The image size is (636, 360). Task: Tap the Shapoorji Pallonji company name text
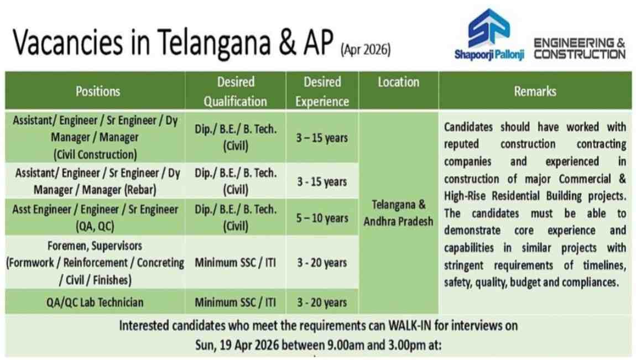click(x=489, y=54)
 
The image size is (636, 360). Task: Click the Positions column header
click(x=98, y=91)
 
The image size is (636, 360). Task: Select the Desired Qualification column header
click(x=235, y=91)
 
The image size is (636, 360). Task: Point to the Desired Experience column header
click(x=322, y=91)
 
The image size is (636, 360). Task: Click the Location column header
click(x=398, y=82)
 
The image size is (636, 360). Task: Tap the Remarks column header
click(x=535, y=91)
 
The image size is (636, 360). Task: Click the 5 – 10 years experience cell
click(x=322, y=218)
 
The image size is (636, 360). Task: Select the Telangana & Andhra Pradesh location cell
click(x=398, y=213)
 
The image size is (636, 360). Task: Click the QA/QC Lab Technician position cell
click(x=95, y=302)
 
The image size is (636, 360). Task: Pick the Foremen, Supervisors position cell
click(x=95, y=263)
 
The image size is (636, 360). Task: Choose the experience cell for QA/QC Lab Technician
click(x=322, y=302)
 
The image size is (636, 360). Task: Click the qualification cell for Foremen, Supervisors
click(x=235, y=263)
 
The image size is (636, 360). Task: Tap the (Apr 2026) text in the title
click(x=366, y=50)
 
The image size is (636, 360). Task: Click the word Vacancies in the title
click(x=67, y=43)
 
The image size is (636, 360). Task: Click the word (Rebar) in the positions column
click(x=140, y=190)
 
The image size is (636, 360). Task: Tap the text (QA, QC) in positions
click(x=95, y=226)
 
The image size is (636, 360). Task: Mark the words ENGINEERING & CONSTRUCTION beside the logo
click(x=580, y=48)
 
